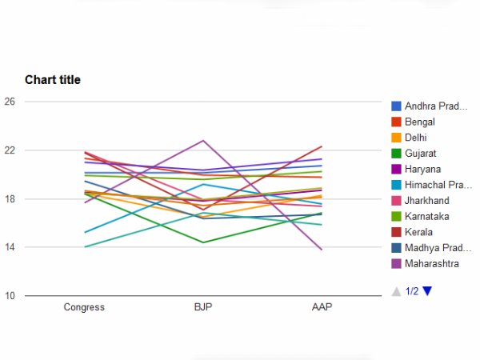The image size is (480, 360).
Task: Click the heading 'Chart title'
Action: pyautogui.click(x=53, y=79)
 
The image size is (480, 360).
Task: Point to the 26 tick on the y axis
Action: pyautogui.click(x=10, y=102)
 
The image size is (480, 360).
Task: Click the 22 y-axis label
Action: pyautogui.click(x=10, y=150)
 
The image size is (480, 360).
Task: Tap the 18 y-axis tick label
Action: pyautogui.click(x=10, y=199)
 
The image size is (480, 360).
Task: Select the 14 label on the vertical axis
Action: pyautogui.click(x=10, y=247)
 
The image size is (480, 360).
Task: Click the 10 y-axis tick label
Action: pyautogui.click(x=10, y=296)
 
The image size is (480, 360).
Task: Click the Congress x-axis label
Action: pyautogui.click(x=84, y=306)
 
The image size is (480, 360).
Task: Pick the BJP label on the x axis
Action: pyautogui.click(x=203, y=306)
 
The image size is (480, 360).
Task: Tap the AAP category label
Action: pyautogui.click(x=322, y=306)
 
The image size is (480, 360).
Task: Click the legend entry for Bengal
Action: pyautogui.click(x=420, y=122)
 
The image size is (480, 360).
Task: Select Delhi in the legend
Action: pyautogui.click(x=416, y=138)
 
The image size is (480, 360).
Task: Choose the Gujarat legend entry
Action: pyautogui.click(x=419, y=153)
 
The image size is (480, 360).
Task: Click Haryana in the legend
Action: pyautogui.click(x=422, y=169)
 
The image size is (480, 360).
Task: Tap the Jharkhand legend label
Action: pyautogui.click(x=426, y=200)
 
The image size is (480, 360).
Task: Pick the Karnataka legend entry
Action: pyautogui.click(x=426, y=216)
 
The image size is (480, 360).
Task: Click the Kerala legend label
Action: pyautogui.click(x=418, y=232)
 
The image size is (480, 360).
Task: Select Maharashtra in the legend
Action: pyautogui.click(x=431, y=263)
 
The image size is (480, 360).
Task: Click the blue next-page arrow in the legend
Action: pyautogui.click(x=427, y=291)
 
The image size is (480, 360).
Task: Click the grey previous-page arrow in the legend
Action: pyautogui.click(x=396, y=291)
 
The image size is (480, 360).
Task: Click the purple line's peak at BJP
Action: pyautogui.click(x=203, y=141)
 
